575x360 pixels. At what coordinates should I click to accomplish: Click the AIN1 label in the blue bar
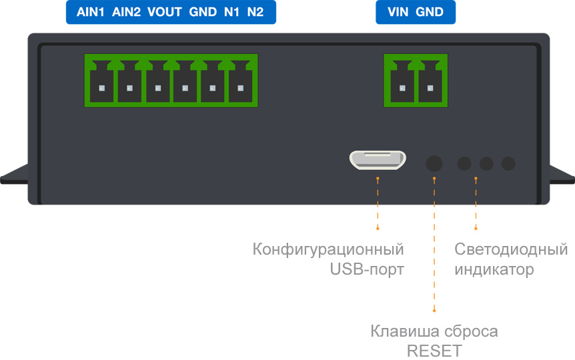point(91,12)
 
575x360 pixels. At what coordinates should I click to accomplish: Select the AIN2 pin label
point(126,12)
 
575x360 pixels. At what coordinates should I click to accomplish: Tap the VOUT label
point(164,12)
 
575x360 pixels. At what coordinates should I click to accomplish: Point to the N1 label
point(231,12)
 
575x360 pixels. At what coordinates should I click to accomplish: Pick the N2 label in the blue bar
point(255,12)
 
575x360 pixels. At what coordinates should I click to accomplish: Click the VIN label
point(398,12)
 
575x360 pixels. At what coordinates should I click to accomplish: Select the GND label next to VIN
point(430,12)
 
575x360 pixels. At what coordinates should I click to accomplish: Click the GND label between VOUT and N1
point(203,12)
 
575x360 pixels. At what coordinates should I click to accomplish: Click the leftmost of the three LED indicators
point(464,162)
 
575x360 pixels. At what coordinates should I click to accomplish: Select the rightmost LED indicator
point(508,162)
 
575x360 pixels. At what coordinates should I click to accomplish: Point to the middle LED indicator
point(486,162)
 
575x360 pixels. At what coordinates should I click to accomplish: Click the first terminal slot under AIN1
point(101,88)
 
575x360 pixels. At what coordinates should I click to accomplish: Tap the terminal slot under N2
point(241,88)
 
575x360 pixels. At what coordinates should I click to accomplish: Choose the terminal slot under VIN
point(401,88)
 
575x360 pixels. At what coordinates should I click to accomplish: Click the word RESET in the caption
point(434,351)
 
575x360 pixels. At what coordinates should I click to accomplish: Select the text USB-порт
point(367,270)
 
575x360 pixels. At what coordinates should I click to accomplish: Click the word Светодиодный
point(511,250)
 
